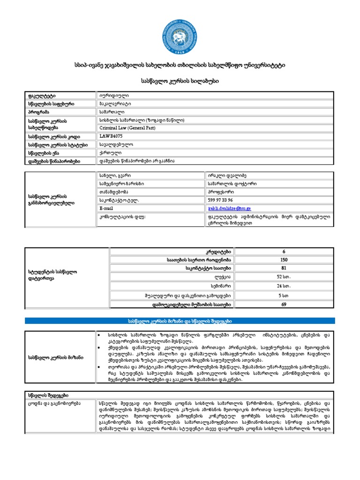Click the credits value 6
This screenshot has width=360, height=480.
(x=284, y=251)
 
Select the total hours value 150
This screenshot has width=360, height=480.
(x=284, y=259)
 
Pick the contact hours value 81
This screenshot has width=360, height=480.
(x=284, y=268)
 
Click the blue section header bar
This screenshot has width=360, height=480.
(x=180, y=321)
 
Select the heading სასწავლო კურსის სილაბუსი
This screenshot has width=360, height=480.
(x=180, y=81)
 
